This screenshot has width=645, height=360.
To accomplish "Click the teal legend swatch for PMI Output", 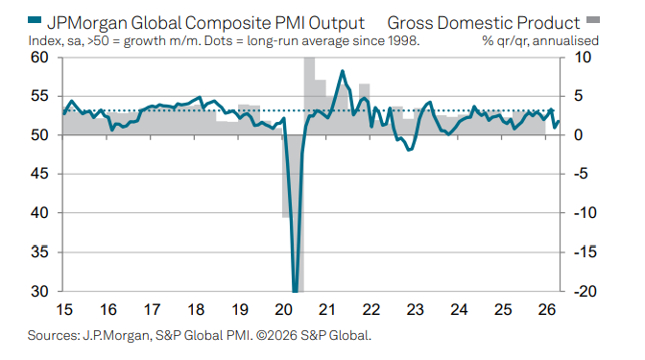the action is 35,19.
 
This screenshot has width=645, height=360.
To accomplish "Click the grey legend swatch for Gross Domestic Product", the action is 593,19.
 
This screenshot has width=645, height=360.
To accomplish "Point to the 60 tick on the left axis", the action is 39,58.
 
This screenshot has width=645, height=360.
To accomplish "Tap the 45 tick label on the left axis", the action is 39,174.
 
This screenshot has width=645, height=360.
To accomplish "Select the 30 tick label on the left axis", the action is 39,291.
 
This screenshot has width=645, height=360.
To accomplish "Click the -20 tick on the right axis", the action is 585,291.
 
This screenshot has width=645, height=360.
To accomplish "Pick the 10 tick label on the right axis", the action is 583,58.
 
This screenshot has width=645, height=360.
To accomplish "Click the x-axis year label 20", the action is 283,309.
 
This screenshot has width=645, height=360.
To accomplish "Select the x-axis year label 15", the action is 63,309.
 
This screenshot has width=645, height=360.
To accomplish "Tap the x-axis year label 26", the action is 547,309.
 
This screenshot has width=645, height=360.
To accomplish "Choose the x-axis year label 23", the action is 415,309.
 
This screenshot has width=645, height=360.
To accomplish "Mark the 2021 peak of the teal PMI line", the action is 343,71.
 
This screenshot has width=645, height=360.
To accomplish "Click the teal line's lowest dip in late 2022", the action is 409,150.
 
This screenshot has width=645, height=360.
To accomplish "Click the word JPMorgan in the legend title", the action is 87,23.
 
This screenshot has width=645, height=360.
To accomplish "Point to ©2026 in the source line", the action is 276,335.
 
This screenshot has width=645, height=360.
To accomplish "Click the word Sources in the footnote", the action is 54,335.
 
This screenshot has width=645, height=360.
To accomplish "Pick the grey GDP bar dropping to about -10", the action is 286,176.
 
